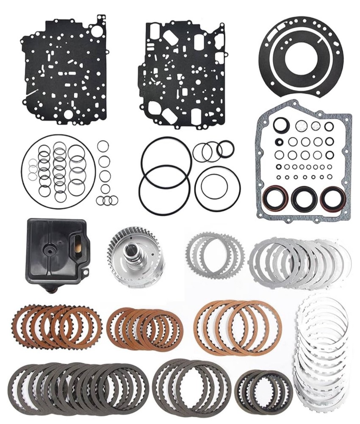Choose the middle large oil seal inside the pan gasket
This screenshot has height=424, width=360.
coord(304,198)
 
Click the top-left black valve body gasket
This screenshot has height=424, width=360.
coord(64,70)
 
